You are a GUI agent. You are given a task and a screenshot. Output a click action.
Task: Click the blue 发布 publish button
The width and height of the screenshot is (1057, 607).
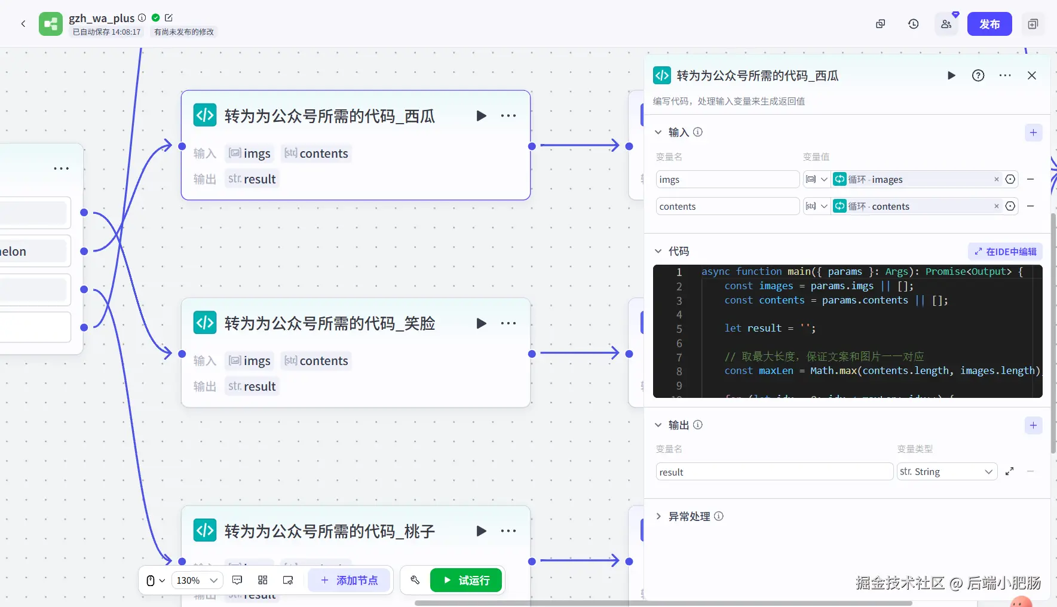point(989,24)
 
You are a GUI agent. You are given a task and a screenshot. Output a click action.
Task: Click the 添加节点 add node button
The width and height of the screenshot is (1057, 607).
point(349,580)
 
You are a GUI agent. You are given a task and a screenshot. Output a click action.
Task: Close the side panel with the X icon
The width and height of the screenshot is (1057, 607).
point(1031,75)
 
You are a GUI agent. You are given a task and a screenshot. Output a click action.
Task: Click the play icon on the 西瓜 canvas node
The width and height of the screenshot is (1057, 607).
point(481,116)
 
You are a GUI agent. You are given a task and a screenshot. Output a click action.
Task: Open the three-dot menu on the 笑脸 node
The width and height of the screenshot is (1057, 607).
point(508,323)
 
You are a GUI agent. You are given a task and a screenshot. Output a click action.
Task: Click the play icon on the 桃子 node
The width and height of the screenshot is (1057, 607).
point(481,531)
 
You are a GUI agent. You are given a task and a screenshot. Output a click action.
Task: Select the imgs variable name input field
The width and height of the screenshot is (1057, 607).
point(727,179)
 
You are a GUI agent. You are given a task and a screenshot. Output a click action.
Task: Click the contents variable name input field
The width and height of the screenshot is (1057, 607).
point(727,206)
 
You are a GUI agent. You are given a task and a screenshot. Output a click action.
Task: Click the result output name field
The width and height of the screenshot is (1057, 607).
point(774,472)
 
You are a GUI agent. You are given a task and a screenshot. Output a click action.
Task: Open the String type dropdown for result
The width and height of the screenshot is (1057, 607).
point(946,472)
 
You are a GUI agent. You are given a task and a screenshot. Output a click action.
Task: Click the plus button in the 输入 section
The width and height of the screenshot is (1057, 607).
point(1033,133)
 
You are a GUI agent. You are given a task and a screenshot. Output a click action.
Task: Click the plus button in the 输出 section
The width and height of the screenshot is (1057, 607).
point(1033,425)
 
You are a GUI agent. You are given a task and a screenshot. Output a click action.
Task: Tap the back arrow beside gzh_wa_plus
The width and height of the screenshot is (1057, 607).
point(23,24)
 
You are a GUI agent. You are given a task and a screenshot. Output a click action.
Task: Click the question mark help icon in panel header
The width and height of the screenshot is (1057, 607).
point(978,75)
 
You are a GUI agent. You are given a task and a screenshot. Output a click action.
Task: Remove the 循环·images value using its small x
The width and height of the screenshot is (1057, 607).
point(996,179)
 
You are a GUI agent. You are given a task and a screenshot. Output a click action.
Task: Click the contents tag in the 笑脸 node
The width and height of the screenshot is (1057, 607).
point(317,361)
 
